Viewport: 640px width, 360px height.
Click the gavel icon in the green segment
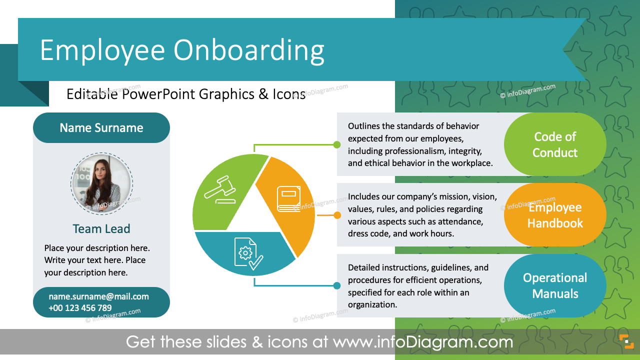[x=220, y=188]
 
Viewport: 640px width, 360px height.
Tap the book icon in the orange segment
[x=289, y=199]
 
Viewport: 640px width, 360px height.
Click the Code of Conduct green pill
[x=555, y=144]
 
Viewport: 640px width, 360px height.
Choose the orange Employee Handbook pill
[x=555, y=215]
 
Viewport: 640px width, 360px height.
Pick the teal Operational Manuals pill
[x=555, y=285]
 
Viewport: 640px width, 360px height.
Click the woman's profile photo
[x=101, y=183]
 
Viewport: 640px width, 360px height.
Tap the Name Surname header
[x=101, y=127]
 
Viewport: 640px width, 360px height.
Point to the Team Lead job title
[x=101, y=229]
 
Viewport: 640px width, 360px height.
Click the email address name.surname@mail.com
[x=98, y=296]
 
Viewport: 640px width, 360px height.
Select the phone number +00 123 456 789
[x=80, y=308]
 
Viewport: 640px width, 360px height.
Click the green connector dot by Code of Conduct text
[x=337, y=144]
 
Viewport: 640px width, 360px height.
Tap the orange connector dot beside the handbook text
[x=337, y=215]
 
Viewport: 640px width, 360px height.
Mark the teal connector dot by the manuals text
[x=337, y=286]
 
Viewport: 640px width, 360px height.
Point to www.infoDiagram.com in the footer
[x=423, y=342]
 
